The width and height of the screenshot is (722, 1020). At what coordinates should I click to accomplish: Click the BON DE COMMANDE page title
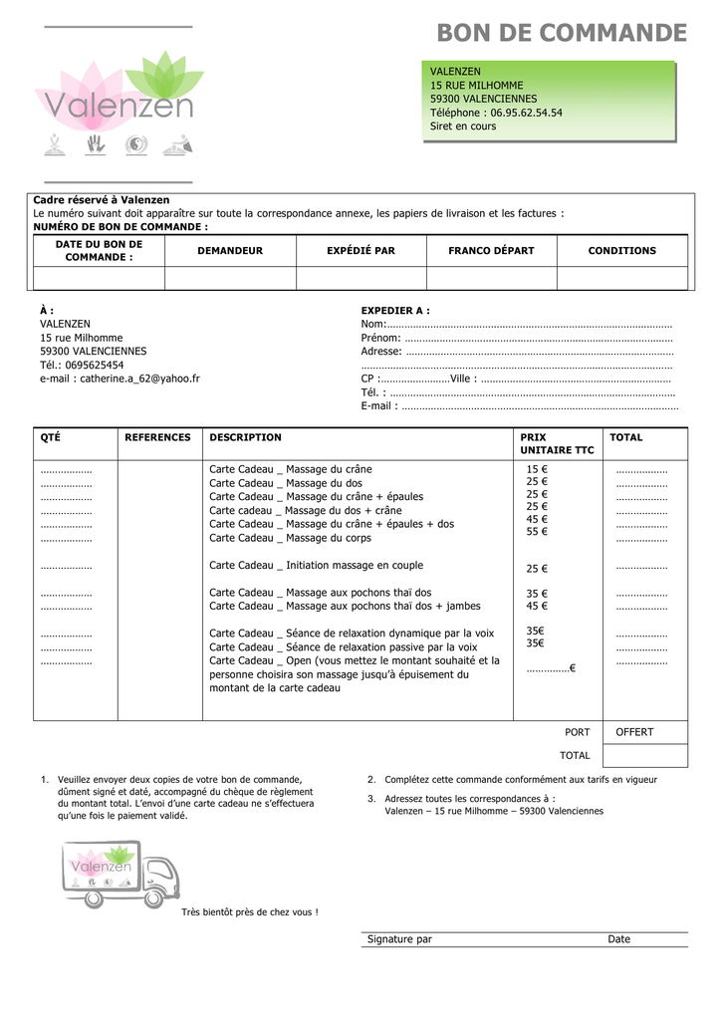(562, 34)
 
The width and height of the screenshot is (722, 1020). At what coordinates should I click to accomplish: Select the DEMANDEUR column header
(230, 251)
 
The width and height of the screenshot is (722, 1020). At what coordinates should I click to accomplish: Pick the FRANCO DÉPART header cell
(491, 251)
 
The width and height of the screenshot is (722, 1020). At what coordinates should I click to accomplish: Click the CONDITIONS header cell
(622, 251)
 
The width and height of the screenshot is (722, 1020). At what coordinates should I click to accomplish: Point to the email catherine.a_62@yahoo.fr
(120, 379)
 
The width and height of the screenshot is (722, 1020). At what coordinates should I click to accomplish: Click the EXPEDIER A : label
(395, 311)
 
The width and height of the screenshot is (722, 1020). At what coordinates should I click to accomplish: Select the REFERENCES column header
(157, 437)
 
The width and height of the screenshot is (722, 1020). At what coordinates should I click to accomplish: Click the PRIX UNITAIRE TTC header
(557, 444)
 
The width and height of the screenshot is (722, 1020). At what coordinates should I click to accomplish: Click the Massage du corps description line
(290, 538)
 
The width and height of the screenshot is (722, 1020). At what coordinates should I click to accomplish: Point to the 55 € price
(537, 532)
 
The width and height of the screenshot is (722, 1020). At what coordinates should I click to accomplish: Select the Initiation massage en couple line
(316, 565)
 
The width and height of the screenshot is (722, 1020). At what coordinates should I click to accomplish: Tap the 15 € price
(537, 469)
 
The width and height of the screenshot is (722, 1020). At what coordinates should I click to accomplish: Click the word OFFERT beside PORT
(634, 732)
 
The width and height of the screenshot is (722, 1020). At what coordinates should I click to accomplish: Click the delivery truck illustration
(120, 873)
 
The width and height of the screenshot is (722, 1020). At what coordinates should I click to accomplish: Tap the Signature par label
(399, 939)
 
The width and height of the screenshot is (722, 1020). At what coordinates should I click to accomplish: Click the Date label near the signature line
(619, 939)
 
